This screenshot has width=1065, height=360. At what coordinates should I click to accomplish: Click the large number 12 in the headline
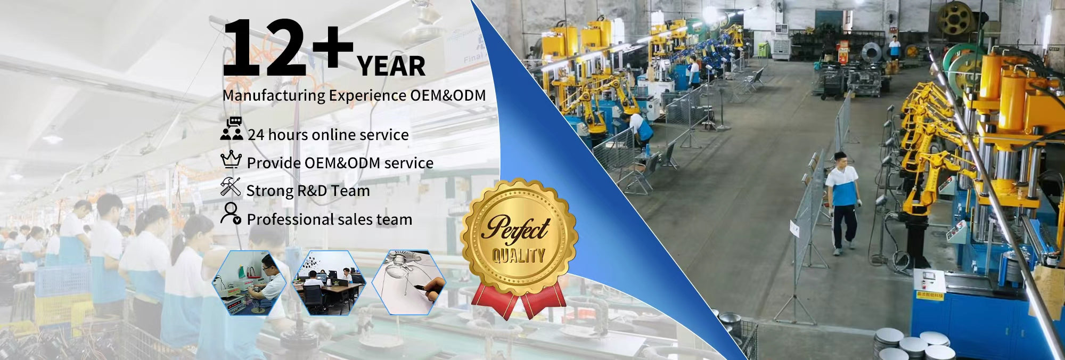coord(264,48)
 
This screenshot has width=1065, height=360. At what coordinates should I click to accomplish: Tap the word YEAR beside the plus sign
coord(391,67)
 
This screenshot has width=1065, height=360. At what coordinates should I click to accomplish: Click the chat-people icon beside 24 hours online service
coord(232,129)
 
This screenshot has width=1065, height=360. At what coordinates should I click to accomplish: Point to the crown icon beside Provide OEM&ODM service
coord(231,159)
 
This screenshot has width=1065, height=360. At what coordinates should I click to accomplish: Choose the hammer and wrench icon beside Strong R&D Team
coord(231,187)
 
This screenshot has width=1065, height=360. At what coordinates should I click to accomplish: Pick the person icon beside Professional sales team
coord(231,214)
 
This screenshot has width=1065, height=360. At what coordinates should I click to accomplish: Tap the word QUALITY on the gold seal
coord(518,256)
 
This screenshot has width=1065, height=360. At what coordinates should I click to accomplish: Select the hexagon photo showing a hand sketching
coord(409,282)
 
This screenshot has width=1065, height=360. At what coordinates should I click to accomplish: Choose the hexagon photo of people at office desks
coord(330,282)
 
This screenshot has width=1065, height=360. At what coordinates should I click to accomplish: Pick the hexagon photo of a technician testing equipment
coord(249,282)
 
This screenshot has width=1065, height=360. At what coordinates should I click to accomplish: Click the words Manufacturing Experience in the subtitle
coord(314,96)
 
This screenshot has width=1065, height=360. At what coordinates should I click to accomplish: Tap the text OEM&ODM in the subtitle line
coord(448,95)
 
